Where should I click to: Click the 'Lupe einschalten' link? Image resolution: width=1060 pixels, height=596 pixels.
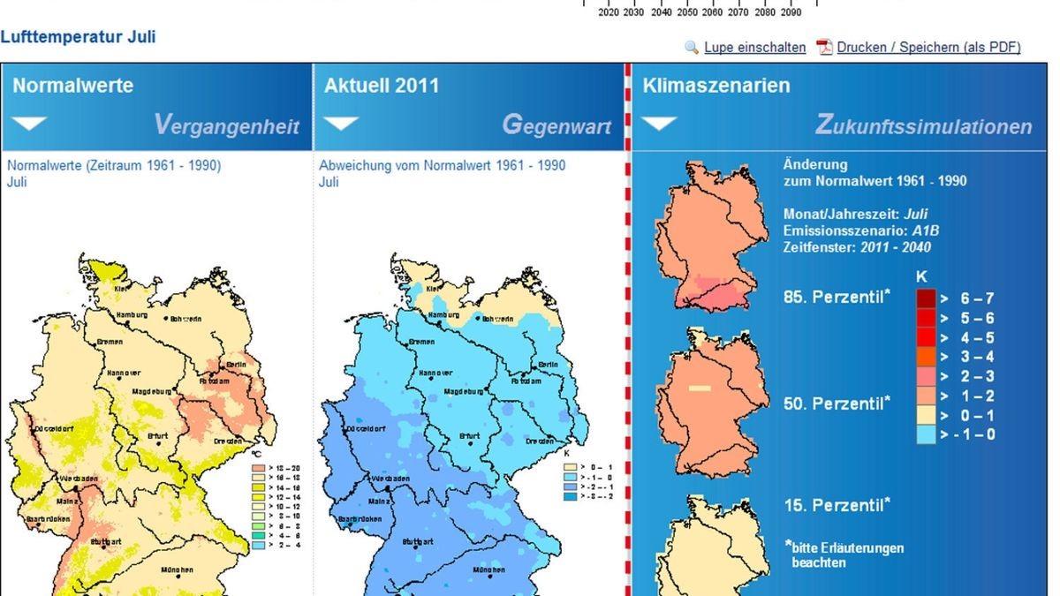(x=754, y=48)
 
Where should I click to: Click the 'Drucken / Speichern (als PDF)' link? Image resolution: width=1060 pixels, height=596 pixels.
(x=928, y=48)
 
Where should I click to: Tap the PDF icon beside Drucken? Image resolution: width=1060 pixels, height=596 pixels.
(x=824, y=48)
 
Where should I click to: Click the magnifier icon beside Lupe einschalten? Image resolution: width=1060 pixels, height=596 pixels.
(x=692, y=48)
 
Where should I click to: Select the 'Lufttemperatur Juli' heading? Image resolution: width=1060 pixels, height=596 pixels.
(x=79, y=37)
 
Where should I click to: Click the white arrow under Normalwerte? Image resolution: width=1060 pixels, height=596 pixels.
(x=31, y=124)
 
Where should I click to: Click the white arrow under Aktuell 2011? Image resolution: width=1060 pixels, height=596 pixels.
(x=342, y=124)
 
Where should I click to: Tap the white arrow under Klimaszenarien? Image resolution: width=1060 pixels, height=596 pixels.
(x=659, y=124)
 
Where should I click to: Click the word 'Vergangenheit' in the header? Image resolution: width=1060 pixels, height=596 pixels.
(x=227, y=125)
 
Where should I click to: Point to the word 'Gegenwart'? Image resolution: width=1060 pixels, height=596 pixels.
(x=556, y=125)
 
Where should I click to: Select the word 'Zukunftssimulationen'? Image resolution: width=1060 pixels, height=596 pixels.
(x=923, y=126)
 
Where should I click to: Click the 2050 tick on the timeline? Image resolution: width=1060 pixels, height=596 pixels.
(x=686, y=12)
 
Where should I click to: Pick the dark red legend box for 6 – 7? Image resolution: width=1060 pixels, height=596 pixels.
(x=925, y=298)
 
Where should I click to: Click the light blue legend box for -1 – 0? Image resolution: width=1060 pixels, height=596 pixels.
(x=925, y=434)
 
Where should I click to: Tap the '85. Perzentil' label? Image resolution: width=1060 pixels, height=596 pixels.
(x=837, y=298)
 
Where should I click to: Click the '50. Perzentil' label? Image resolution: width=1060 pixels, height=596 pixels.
(x=837, y=404)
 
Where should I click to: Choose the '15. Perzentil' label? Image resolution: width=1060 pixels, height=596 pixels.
(x=837, y=505)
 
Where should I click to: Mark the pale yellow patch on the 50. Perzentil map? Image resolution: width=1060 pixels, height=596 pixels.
(x=700, y=388)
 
